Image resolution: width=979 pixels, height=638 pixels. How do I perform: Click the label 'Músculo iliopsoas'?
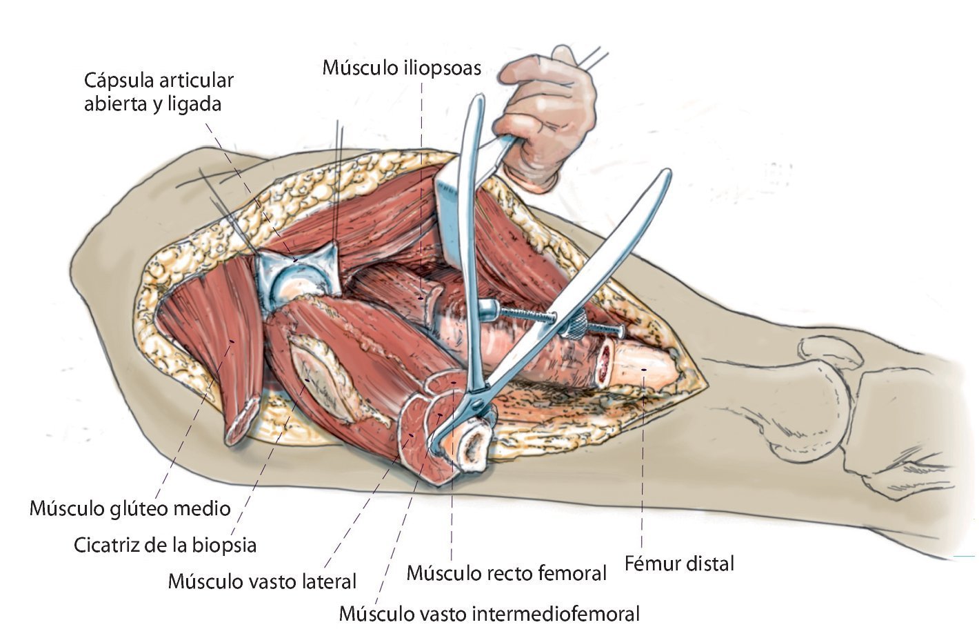click(x=401, y=68)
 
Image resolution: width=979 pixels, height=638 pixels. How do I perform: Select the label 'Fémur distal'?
click(x=679, y=564)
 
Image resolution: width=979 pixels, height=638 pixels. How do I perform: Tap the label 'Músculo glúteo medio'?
click(x=130, y=508)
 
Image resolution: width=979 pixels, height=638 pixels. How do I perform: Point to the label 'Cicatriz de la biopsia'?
click(x=165, y=545)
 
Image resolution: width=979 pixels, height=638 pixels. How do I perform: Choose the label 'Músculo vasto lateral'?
click(x=262, y=581)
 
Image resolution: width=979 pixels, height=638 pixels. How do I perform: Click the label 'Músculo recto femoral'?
click(x=507, y=572)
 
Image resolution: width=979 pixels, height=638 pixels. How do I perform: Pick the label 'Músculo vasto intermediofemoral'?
click(x=489, y=613)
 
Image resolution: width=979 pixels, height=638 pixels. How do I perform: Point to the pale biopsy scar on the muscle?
click(x=324, y=376)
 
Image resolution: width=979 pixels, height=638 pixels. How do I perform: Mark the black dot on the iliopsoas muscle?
click(x=421, y=297)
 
